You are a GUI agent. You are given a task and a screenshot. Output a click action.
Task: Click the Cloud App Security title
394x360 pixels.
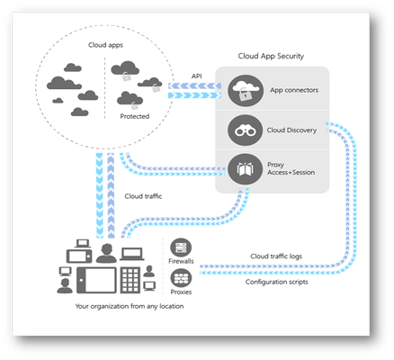point(271,56)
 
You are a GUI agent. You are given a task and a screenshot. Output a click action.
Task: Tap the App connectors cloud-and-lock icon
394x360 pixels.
point(246,91)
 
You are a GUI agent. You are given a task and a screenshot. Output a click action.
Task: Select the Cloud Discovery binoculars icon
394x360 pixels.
point(246,130)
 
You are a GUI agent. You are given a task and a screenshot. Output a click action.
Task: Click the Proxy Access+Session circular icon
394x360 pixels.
point(246,169)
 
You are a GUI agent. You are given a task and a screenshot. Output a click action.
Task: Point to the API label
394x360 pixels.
point(197,76)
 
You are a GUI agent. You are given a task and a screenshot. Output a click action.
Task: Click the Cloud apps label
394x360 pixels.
point(105,45)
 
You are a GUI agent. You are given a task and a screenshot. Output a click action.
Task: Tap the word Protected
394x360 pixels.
point(135,116)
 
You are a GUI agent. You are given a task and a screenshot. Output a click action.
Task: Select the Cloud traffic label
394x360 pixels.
point(143,196)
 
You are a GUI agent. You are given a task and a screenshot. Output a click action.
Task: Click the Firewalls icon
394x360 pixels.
point(181,247)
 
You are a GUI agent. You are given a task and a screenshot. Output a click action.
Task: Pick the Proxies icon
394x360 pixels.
point(181,278)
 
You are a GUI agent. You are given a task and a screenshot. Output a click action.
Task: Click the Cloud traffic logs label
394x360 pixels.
point(276,256)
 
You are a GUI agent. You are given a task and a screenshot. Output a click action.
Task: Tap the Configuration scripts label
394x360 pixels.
point(276,282)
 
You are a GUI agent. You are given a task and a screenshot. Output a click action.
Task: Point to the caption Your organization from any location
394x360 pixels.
point(130,306)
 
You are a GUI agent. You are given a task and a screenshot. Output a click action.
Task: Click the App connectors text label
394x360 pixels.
point(294,90)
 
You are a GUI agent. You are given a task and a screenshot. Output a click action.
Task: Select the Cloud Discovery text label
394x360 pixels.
point(291,130)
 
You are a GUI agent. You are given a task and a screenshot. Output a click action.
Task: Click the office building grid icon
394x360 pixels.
point(130,280)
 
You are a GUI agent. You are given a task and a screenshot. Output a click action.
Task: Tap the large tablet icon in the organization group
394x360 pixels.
point(96,280)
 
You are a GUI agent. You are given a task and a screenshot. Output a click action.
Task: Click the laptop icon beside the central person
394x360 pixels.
point(132,254)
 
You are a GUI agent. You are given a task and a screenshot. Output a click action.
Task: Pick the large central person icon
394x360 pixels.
point(106,253)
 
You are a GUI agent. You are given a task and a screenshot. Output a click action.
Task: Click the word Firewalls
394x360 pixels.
point(181,261)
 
